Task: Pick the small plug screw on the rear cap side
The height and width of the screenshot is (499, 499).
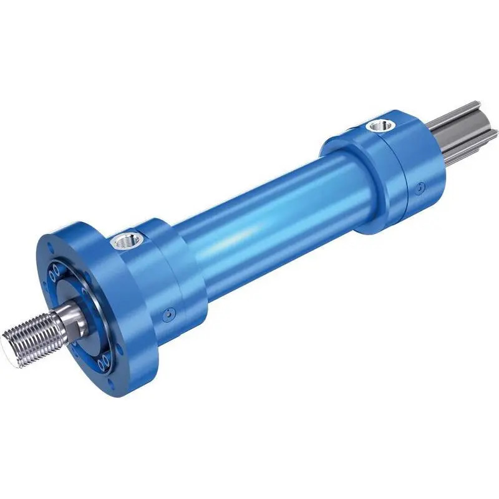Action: pos(422,185)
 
